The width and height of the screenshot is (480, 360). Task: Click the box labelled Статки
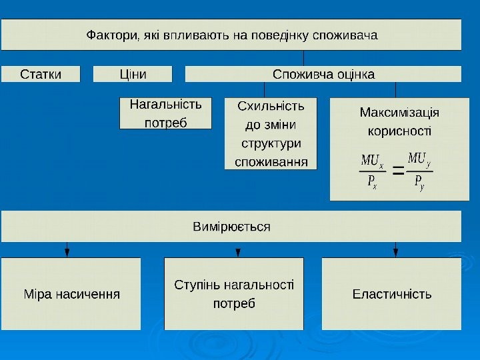pyautogui.click(x=41, y=73)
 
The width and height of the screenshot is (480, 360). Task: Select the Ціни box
pyautogui.click(x=133, y=73)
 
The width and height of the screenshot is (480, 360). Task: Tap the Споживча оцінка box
pyautogui.click(x=323, y=73)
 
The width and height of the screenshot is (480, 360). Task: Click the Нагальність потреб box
pyautogui.click(x=165, y=113)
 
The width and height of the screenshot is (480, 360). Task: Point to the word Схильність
pyautogui.click(x=271, y=106)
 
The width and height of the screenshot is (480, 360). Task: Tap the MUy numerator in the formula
pyautogui.click(x=419, y=159)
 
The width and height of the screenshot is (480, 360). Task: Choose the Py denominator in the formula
pyautogui.click(x=419, y=181)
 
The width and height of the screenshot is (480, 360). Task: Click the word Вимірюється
pyautogui.click(x=231, y=227)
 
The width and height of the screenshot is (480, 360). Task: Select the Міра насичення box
pyautogui.click(x=72, y=294)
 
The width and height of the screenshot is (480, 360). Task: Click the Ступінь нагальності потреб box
pyautogui.click(x=233, y=294)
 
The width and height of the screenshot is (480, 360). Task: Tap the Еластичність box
pyautogui.click(x=392, y=294)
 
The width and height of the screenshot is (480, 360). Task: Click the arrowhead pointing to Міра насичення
pyautogui.click(x=67, y=252)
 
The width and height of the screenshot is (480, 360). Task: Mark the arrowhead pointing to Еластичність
pyautogui.click(x=396, y=252)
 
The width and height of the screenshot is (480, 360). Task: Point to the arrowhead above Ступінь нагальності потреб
pyautogui.click(x=238, y=252)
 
